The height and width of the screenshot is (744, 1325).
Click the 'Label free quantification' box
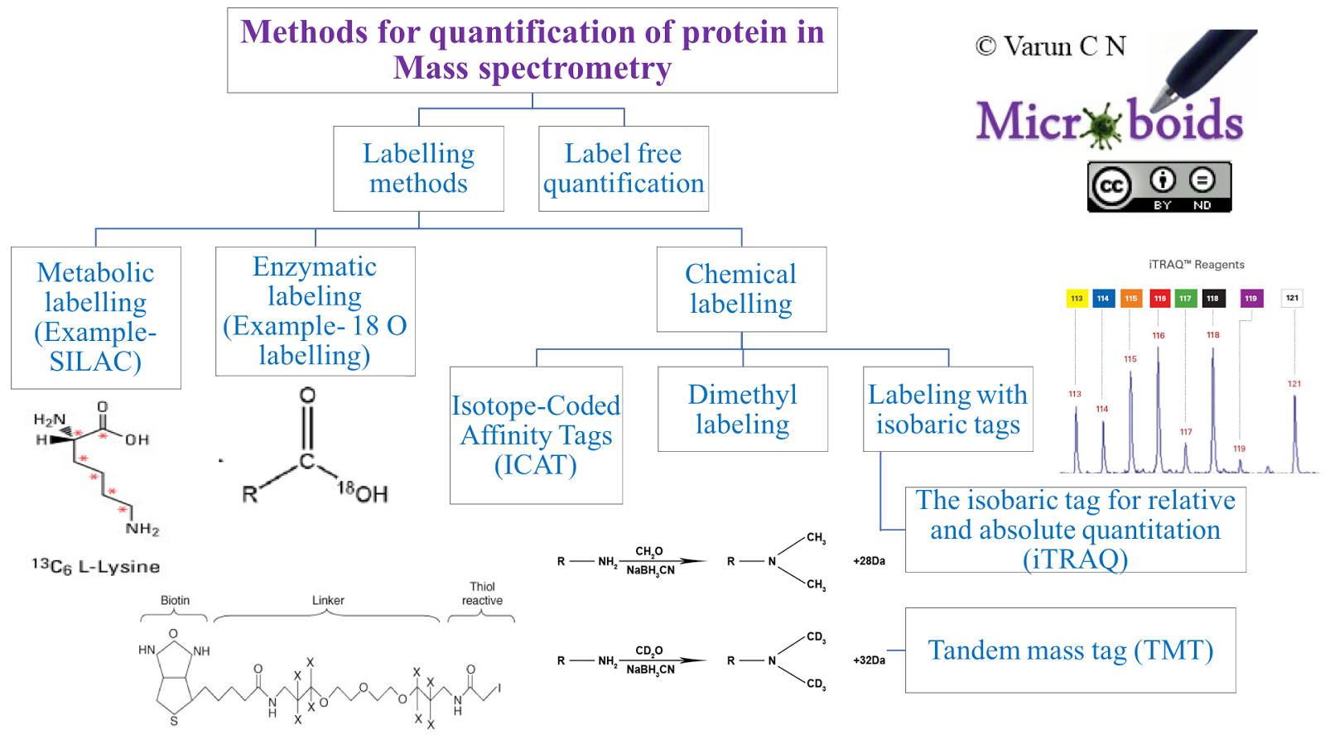[x=624, y=169]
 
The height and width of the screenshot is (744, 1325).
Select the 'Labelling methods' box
[x=418, y=169]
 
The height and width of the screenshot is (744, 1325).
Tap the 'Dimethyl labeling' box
[x=743, y=409]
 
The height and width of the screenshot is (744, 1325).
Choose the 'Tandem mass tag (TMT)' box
[x=1070, y=650]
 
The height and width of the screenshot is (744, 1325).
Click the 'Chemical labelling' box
[x=741, y=289]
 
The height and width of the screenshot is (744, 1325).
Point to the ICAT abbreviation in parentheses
[x=536, y=465]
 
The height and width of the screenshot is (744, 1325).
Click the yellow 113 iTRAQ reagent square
[x=1077, y=299]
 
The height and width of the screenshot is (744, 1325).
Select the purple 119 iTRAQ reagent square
[x=1250, y=299]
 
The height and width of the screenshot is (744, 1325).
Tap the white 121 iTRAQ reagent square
[x=1292, y=298]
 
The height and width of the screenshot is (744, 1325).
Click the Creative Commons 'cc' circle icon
[x=1111, y=186]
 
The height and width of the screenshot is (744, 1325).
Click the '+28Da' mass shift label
[x=869, y=561]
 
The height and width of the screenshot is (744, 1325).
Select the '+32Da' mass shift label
[x=869, y=660]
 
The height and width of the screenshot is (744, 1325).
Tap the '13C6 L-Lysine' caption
[x=96, y=567]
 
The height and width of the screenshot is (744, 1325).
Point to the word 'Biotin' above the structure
[x=175, y=601]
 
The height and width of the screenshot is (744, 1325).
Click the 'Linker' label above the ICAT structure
[x=328, y=601]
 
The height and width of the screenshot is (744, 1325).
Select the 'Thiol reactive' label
[x=482, y=594]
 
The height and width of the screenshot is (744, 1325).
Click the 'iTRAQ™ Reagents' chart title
[x=1196, y=265]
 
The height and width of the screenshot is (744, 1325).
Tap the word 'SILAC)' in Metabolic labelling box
[x=95, y=362]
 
